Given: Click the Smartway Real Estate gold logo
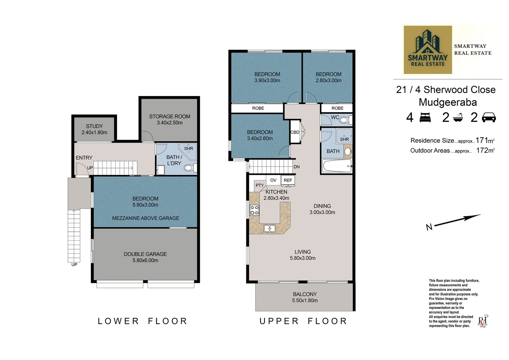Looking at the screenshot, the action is tap(428, 50).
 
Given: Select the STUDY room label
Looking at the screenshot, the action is tap(94, 126).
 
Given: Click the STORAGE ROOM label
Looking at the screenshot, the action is tap(170, 116).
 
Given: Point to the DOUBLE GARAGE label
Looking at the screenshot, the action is tap(145, 254).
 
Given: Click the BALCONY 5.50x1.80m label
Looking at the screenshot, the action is tap(305, 297).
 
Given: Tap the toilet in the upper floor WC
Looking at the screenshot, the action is tap(345, 120).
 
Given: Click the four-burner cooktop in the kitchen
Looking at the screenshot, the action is tap(254, 210).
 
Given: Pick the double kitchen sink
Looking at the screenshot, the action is tap(269, 228).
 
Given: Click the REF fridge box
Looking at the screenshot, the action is tap(288, 180).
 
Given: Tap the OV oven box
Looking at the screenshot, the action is tap(273, 180).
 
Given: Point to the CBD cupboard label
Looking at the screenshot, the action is tap(295, 132).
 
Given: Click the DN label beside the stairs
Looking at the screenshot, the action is tap(296, 167).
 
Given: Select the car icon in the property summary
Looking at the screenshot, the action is tap(489, 117).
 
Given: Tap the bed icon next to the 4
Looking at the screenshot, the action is tap(425, 118).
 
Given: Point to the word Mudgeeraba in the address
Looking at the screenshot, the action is tap(448, 102).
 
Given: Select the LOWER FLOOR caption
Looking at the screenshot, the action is tap(143, 321).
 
